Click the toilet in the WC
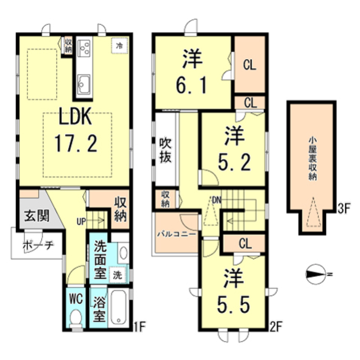click(x=75, y=318)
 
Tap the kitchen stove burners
click(x=85, y=48)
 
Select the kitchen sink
click(x=85, y=84)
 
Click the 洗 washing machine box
click(x=117, y=275)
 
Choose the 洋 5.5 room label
click(x=232, y=293)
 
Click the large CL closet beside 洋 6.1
click(x=249, y=65)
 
